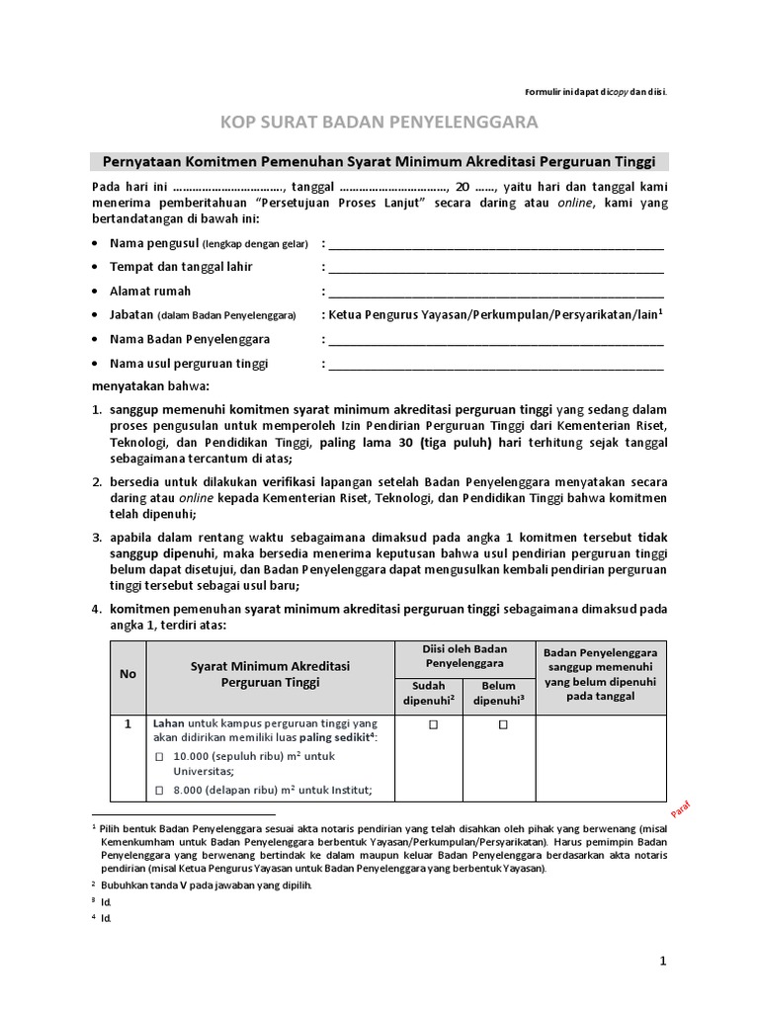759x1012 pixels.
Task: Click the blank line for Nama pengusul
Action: click(x=496, y=245)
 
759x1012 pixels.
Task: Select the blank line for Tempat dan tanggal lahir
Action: click(x=496, y=269)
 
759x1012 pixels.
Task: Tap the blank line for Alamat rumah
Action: click(x=496, y=293)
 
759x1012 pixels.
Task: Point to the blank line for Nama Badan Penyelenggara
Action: click(x=496, y=341)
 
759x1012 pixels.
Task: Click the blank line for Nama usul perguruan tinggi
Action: click(x=496, y=365)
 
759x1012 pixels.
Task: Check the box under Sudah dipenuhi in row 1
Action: click(x=432, y=725)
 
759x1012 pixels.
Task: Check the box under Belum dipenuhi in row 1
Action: click(x=503, y=725)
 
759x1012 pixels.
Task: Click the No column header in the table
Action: click(x=127, y=673)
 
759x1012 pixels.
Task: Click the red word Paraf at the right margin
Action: click(x=681, y=808)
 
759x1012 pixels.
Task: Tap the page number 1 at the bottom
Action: click(x=664, y=961)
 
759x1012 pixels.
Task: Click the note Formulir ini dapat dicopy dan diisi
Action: click(x=595, y=92)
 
